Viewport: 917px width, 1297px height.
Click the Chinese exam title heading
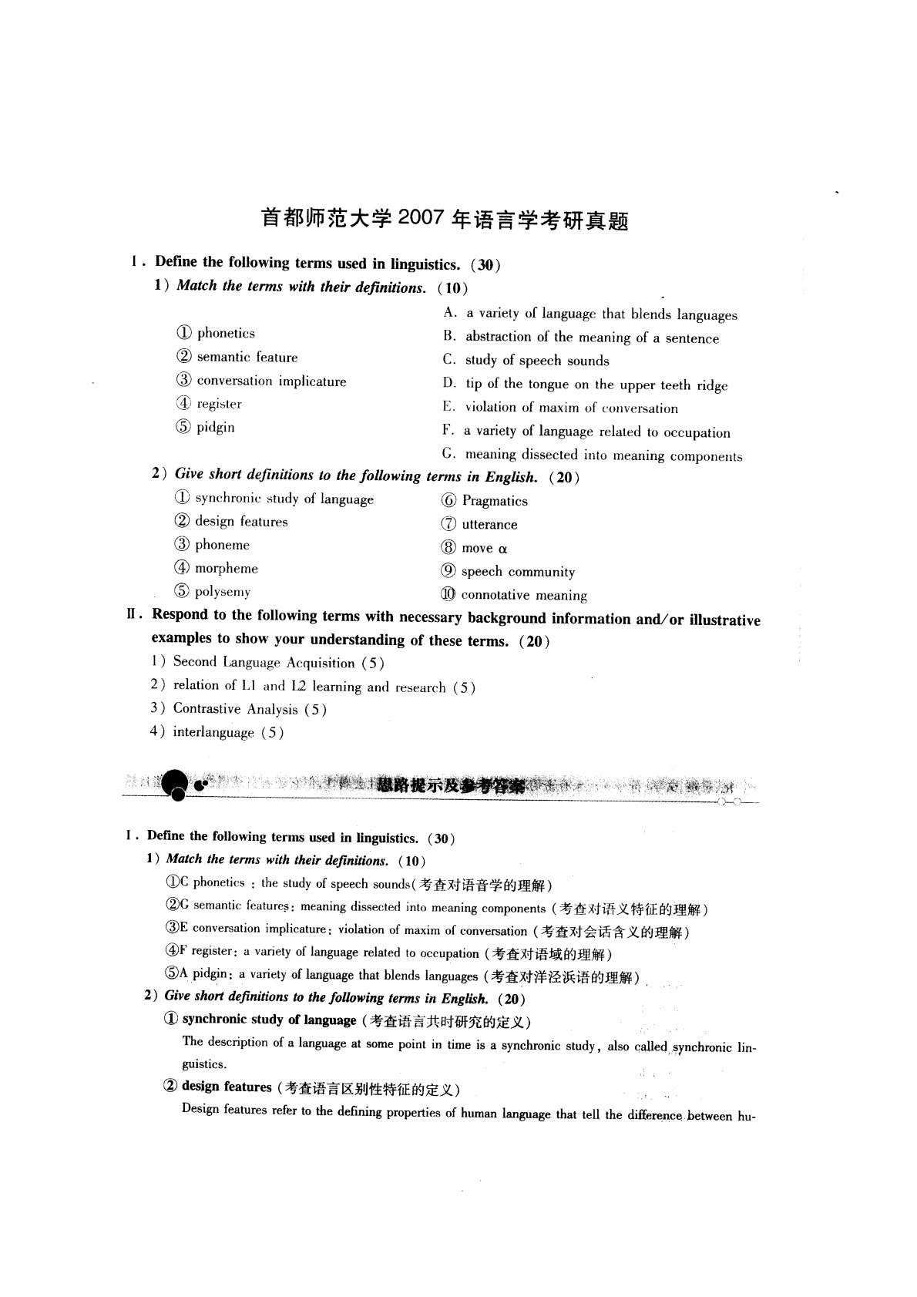[x=445, y=220]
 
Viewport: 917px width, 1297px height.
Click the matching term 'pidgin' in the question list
[x=206, y=428]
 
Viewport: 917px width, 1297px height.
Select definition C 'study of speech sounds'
[x=526, y=361]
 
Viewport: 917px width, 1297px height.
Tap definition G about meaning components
[x=593, y=455]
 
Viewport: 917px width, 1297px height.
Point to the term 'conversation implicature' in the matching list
[x=261, y=381]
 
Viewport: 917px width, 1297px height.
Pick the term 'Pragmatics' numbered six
[x=485, y=501]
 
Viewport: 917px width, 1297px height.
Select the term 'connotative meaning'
[x=514, y=595]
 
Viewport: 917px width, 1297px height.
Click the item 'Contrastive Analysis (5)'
[x=239, y=709]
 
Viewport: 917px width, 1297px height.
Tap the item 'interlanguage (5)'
[x=217, y=733]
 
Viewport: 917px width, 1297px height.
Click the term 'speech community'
[x=508, y=572]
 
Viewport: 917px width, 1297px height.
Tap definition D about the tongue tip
[x=585, y=385]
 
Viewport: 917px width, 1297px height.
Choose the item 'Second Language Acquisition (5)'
[x=267, y=663]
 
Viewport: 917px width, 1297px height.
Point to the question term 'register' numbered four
[x=209, y=404]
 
